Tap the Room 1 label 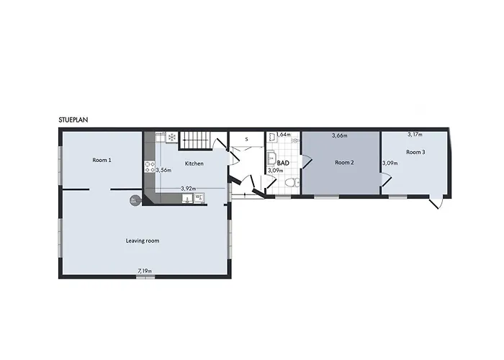tap(102, 160)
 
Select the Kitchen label tap(194, 163)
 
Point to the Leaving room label tap(143, 240)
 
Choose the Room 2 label tap(345, 163)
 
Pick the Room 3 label tap(415, 152)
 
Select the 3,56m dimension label tap(163, 170)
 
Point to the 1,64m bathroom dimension tap(283, 134)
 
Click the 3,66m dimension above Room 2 tap(339, 135)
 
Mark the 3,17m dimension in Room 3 tap(415, 134)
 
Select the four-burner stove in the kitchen tap(150, 165)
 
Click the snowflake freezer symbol tap(173, 136)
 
